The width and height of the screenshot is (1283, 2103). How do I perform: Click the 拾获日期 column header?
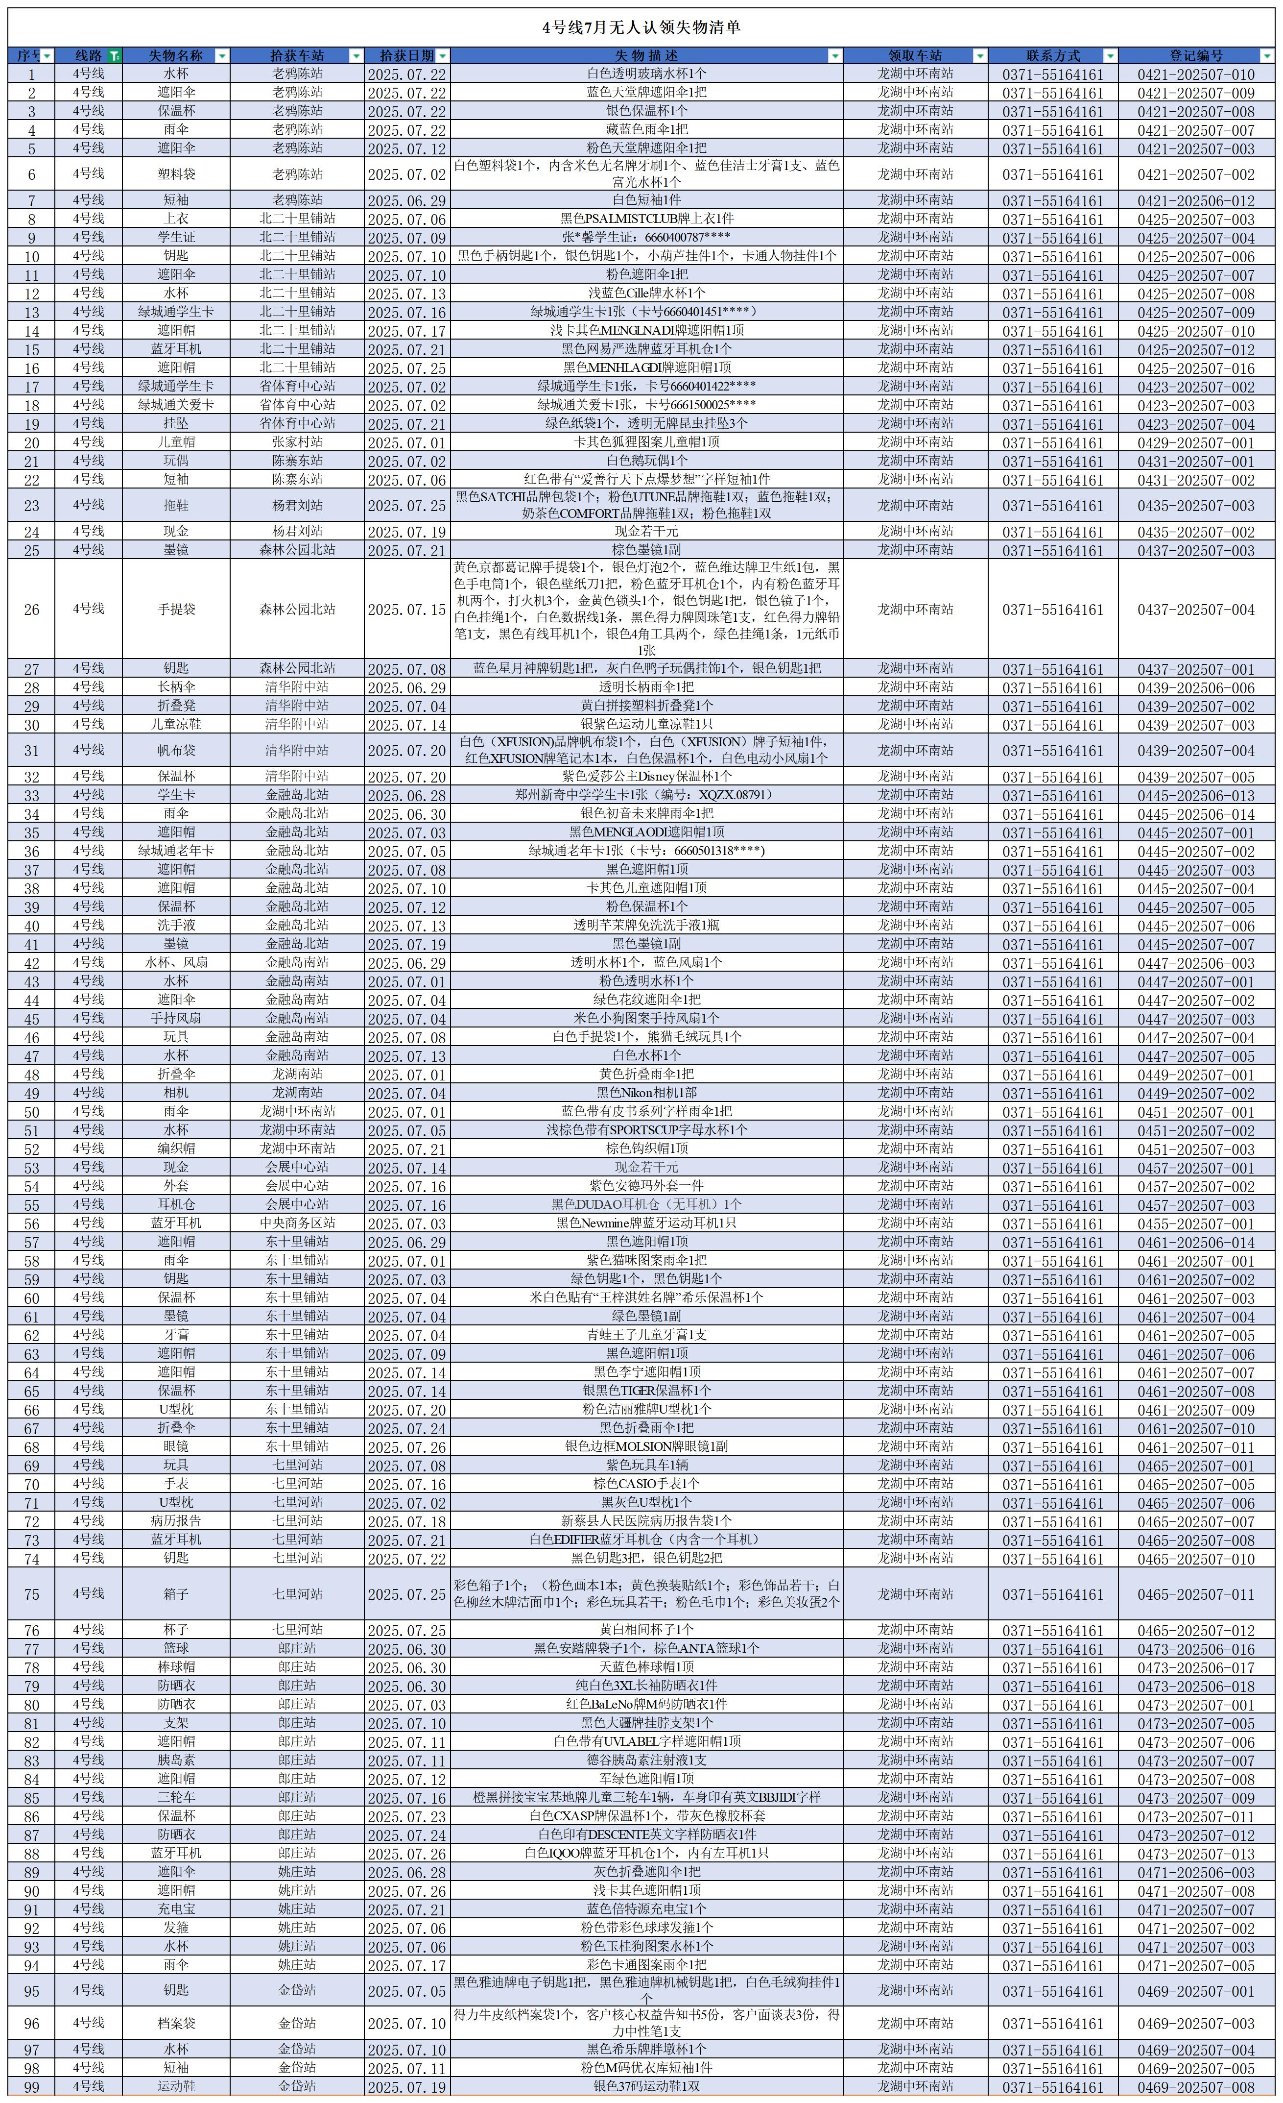[x=401, y=55]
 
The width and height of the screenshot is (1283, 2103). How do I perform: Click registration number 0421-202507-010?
[x=1196, y=74]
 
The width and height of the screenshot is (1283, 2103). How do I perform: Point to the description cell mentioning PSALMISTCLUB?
[x=646, y=219]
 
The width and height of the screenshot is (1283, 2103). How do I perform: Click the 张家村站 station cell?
[x=297, y=442]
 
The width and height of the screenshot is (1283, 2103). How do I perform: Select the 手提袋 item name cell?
[x=177, y=610]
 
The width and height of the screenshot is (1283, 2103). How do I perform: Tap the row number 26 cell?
[x=31, y=610]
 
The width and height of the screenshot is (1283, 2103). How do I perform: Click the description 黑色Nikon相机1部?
[x=646, y=1093]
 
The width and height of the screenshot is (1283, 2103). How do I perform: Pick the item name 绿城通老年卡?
[x=177, y=851]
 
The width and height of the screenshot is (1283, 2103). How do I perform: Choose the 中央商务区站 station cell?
[x=297, y=1223]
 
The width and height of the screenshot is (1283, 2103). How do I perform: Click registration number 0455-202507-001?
[x=1196, y=1223]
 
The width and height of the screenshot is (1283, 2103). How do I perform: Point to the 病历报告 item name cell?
[x=177, y=1521]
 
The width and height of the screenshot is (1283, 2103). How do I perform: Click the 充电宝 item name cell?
[x=177, y=1908]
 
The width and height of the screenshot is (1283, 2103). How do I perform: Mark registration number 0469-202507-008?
[x=1196, y=2086]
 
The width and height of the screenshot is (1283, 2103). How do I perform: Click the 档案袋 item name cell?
[x=177, y=2023]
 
